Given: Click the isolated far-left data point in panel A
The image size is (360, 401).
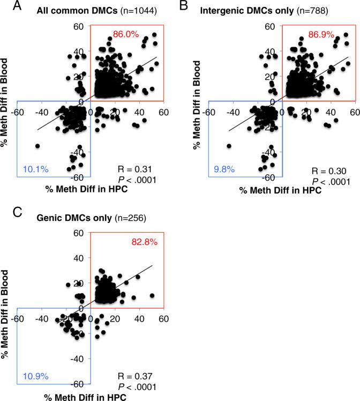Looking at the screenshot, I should click(x=37, y=146).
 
